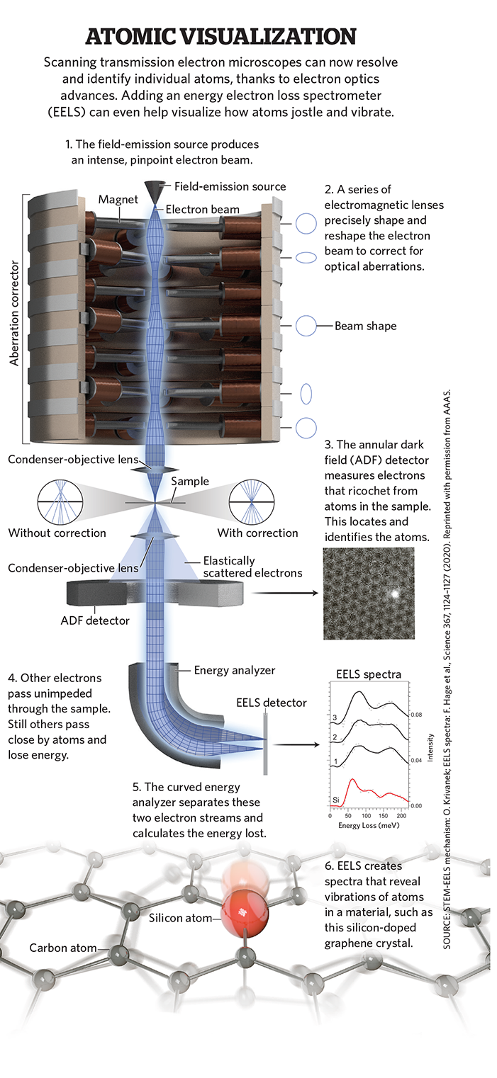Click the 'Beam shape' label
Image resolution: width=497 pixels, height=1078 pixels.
(366, 326)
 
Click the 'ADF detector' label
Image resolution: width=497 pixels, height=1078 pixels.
(95, 620)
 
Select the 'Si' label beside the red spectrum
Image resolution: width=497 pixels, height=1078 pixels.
(338, 798)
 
